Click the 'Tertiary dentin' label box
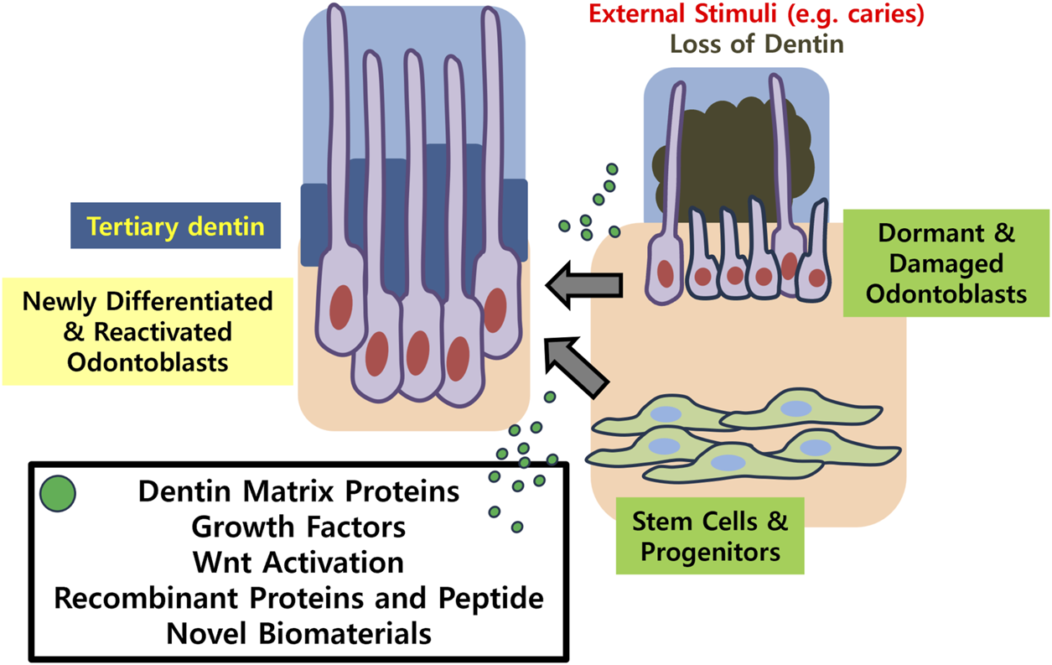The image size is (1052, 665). tap(174, 227)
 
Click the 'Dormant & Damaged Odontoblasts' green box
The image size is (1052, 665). tap(946, 263)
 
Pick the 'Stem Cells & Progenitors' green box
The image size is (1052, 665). tap(709, 537)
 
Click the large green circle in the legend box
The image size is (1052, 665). tap(58, 493)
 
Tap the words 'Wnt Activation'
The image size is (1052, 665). tap(298, 562)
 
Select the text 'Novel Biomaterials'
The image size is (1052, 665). tap(298, 633)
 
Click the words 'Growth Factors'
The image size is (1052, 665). tap(298, 527)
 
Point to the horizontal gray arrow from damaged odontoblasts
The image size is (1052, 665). tap(584, 286)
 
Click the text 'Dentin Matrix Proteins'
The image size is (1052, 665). tap(298, 491)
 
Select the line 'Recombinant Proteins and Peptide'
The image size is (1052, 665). tap(298, 598)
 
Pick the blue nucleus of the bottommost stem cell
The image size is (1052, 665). tap(728, 462)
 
